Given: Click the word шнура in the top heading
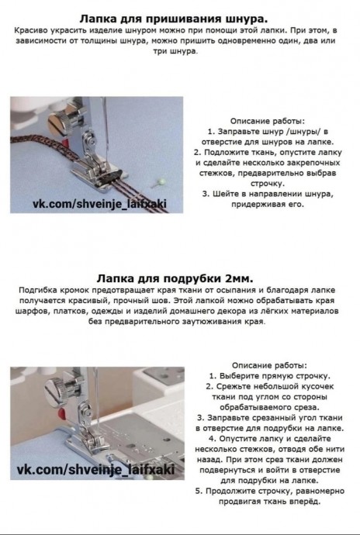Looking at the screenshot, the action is [x=247, y=18].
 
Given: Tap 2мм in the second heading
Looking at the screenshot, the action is [x=239, y=278].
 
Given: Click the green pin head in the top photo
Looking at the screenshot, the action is [x=163, y=181].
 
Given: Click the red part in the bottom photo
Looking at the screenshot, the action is [x=61, y=413].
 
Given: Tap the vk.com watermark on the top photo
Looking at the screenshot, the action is [x=99, y=204].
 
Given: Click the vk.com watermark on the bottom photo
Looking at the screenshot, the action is [x=95, y=469].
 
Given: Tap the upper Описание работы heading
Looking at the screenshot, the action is [x=268, y=121].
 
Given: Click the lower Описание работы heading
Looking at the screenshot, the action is [x=269, y=366].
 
